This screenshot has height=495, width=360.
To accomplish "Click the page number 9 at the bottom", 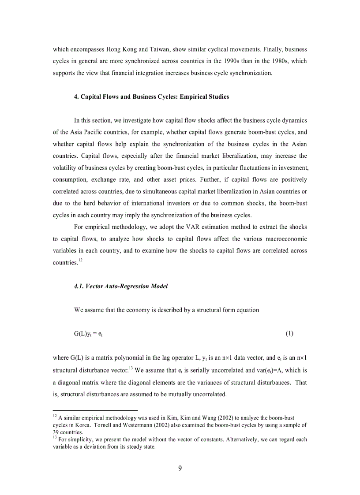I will click(180, 468).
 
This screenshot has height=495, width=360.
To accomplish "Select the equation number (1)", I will click(289, 333).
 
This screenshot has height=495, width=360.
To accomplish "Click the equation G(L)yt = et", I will click(88, 334).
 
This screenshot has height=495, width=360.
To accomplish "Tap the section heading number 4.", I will click(76, 97).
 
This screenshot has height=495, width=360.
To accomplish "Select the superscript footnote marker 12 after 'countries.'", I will click(80, 260).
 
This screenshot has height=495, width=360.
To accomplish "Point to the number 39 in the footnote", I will click(56, 432).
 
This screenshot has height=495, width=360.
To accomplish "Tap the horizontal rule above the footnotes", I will click(95, 410).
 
